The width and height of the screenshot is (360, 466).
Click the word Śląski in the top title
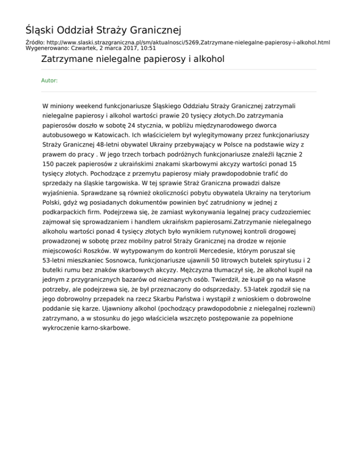pos(39,31)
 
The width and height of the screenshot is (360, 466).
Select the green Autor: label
pos(50,81)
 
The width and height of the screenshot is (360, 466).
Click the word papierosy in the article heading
pos(159,60)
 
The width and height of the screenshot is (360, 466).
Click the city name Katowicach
pos(91,136)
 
